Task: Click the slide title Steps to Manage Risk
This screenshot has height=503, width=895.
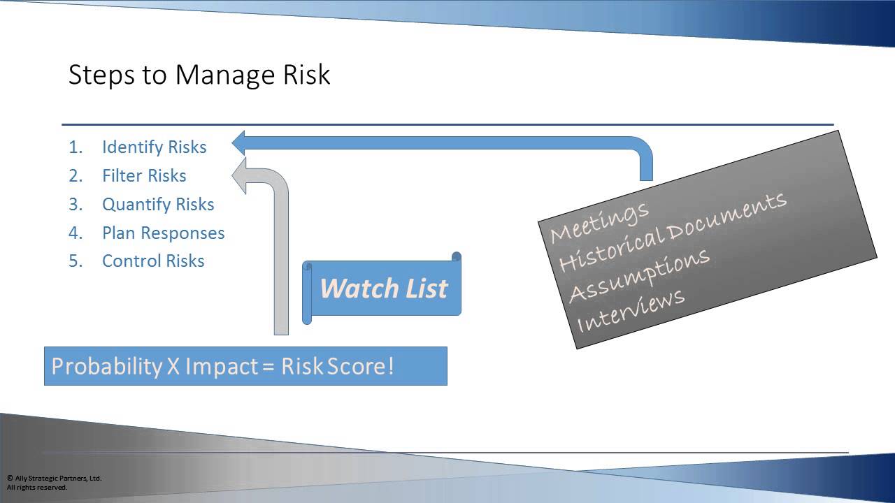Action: pyautogui.click(x=199, y=75)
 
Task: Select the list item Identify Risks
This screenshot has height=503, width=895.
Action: pyautogui.click(x=154, y=147)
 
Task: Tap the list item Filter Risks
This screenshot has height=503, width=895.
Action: pyautogui.click(x=144, y=176)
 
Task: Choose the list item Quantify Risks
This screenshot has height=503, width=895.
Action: pyautogui.click(x=158, y=205)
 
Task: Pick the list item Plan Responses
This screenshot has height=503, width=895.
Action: pyautogui.click(x=163, y=233)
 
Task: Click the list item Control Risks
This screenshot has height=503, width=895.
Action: pyautogui.click(x=153, y=261)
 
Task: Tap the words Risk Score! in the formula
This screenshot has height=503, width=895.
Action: pyautogui.click(x=338, y=366)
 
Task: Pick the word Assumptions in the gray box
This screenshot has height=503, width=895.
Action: pyautogui.click(x=639, y=275)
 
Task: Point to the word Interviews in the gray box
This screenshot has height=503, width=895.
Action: pyautogui.click(x=630, y=310)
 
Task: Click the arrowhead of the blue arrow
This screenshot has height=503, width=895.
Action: pyautogui.click(x=240, y=143)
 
